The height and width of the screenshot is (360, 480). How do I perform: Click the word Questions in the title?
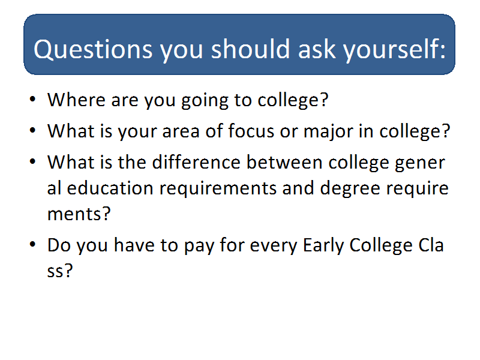coord(93,49)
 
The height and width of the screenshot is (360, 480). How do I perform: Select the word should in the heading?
coord(250,49)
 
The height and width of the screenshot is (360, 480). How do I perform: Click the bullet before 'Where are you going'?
coord(33,99)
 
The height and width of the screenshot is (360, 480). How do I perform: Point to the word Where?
coord(77,100)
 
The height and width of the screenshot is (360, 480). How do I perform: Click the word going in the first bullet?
coord(205,101)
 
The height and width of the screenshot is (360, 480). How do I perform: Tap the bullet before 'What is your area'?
coord(33,130)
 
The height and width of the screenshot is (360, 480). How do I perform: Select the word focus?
coord(251,131)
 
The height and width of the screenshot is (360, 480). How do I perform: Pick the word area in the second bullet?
coord(181,131)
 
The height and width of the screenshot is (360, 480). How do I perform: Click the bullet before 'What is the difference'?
coord(33,161)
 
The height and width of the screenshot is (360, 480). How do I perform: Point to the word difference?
coord(196,161)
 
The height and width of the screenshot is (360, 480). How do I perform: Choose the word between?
coord(284,161)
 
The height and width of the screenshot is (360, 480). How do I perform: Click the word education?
coord(110,188)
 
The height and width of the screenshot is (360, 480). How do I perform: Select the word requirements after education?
coord(218,188)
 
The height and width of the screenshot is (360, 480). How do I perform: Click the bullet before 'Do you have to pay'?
coord(33,245)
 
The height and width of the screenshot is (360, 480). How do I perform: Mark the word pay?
coord(199,247)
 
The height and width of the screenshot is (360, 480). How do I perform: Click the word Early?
coord(323,245)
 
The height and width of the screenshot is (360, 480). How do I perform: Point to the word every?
coord(274,247)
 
